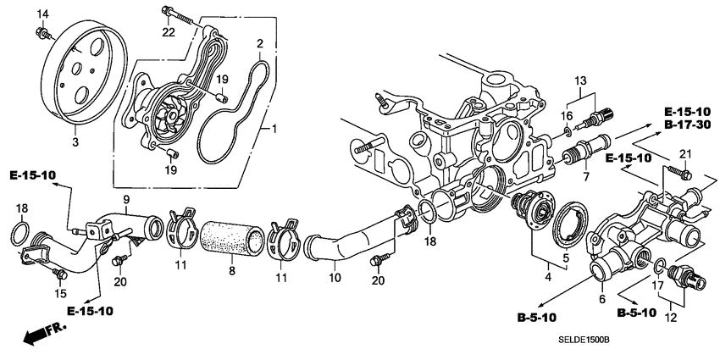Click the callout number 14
43,13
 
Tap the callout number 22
169,31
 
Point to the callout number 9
125,200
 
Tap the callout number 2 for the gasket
260,42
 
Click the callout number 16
568,115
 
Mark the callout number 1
273,130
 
